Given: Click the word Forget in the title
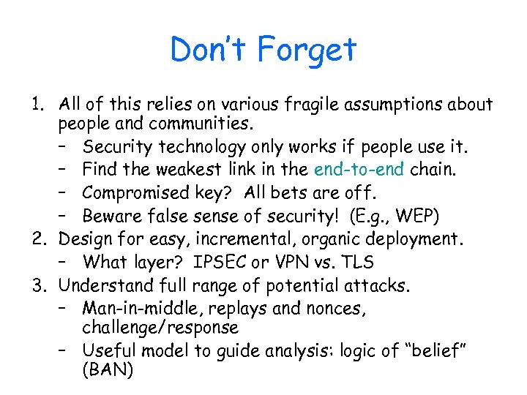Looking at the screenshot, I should pyautogui.click(x=307, y=50).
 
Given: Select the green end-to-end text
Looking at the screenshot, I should pyautogui.click(x=355, y=170).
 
